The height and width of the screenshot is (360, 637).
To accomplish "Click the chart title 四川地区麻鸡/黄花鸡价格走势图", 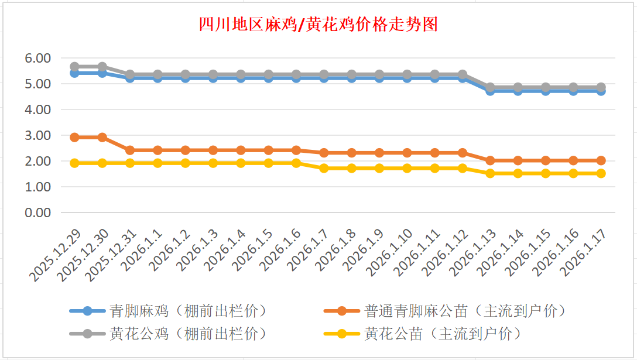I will (x=318, y=25).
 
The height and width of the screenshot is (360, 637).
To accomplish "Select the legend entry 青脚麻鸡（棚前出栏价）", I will (x=187, y=310).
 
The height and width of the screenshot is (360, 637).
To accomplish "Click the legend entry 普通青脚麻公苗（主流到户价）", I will (x=465, y=310).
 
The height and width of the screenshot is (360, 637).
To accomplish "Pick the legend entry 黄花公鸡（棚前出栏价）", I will (x=187, y=334).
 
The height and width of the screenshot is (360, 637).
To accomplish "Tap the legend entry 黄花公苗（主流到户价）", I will (x=442, y=334).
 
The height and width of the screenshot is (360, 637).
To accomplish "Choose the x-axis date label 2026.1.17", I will (x=583, y=253).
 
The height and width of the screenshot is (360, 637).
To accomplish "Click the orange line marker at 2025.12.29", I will (x=74, y=137).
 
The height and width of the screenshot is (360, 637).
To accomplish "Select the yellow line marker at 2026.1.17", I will (x=601, y=173).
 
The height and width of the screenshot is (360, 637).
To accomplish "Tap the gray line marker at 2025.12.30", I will (x=102, y=67).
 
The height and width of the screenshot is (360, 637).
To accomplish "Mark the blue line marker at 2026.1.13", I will (x=490, y=91).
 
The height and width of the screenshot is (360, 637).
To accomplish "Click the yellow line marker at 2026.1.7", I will (x=324, y=168).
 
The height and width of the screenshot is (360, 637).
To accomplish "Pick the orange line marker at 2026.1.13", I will (x=490, y=160).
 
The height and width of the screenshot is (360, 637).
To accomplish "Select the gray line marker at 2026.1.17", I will (x=601, y=87).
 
